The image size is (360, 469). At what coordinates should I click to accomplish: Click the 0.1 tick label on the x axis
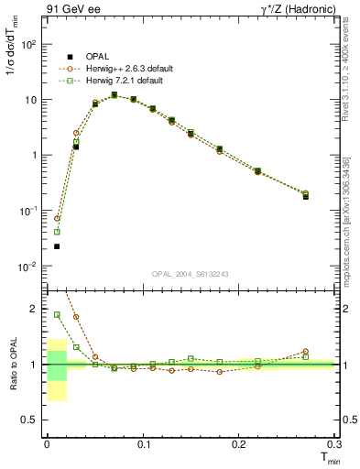point(143,444)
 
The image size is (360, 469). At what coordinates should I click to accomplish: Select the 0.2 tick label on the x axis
point(239,444)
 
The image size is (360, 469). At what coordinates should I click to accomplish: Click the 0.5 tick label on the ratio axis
point(32,420)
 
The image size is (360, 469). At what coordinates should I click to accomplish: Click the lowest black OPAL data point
point(57,246)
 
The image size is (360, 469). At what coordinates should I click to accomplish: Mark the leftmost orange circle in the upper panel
point(57,219)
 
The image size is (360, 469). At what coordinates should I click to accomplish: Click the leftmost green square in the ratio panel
point(57,314)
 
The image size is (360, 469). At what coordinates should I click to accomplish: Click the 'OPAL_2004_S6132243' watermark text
point(191,275)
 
